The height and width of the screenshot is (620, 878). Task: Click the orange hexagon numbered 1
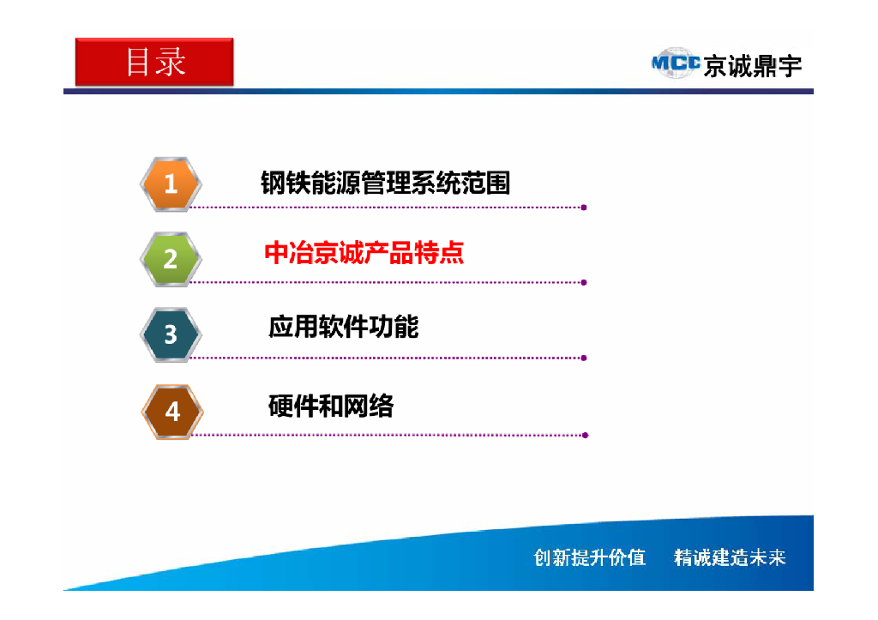click(171, 184)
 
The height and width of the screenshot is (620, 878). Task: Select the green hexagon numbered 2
click(171, 259)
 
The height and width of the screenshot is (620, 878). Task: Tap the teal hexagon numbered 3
click(171, 334)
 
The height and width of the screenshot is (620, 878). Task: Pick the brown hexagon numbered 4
click(171, 412)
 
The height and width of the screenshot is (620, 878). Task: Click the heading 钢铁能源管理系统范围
click(385, 183)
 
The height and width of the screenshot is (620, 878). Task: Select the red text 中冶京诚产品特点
click(364, 254)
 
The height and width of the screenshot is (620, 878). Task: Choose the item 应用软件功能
click(343, 327)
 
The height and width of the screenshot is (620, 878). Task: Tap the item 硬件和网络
click(331, 406)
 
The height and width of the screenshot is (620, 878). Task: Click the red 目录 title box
click(154, 62)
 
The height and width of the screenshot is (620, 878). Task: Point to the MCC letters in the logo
click(676, 63)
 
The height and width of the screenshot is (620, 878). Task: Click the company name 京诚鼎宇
click(752, 66)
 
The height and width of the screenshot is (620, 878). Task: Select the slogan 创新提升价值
click(589, 557)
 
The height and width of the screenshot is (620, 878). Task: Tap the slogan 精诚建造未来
click(730, 557)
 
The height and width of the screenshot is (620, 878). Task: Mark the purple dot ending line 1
click(584, 208)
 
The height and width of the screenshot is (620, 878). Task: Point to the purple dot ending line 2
click(584, 282)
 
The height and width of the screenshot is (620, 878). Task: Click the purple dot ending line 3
click(584, 358)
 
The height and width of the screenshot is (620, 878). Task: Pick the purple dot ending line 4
click(585, 435)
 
